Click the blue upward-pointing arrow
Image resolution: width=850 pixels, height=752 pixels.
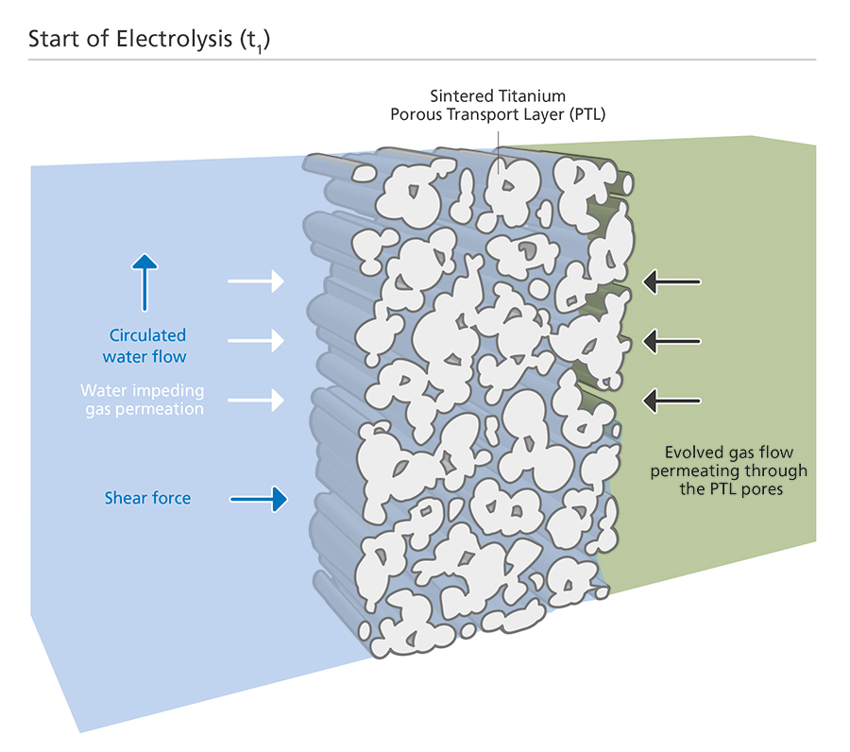(144, 282)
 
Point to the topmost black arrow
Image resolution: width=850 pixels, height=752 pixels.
(671, 281)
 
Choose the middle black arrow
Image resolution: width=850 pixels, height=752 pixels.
(671, 339)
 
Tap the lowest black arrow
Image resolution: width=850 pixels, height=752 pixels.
(671, 400)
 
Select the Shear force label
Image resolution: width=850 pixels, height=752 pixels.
(147, 498)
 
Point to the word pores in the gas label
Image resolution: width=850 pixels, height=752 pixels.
(764, 489)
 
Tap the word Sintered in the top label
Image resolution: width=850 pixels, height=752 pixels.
(463, 96)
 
